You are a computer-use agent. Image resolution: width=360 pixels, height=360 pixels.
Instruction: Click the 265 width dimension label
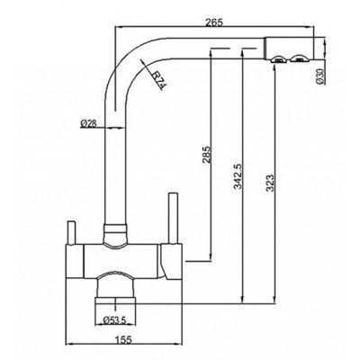[214, 22]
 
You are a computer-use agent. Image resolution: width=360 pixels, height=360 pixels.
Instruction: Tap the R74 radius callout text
[158, 80]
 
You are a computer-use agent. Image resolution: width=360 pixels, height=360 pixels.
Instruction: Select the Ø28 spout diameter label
[88, 123]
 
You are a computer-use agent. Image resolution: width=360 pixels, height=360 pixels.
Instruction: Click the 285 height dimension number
[207, 154]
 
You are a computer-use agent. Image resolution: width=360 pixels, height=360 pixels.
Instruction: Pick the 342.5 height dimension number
[238, 176]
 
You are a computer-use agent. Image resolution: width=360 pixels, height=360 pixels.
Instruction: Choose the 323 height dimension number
[270, 184]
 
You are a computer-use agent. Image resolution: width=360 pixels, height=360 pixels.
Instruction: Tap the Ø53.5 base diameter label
[114, 320]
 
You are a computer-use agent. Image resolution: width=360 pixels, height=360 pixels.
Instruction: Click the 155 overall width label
[123, 340]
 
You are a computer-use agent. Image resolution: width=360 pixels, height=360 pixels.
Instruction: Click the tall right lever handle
[173, 218]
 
